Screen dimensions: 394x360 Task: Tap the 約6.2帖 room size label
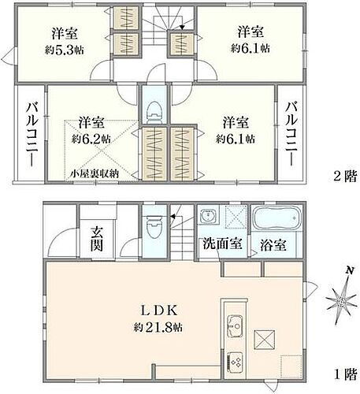(x=91, y=138)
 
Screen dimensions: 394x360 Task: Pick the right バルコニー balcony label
(x=291, y=135)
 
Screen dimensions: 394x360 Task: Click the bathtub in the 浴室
(x=273, y=217)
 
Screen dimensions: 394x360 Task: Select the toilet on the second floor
(x=154, y=110)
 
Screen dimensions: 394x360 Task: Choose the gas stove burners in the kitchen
(x=237, y=363)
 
